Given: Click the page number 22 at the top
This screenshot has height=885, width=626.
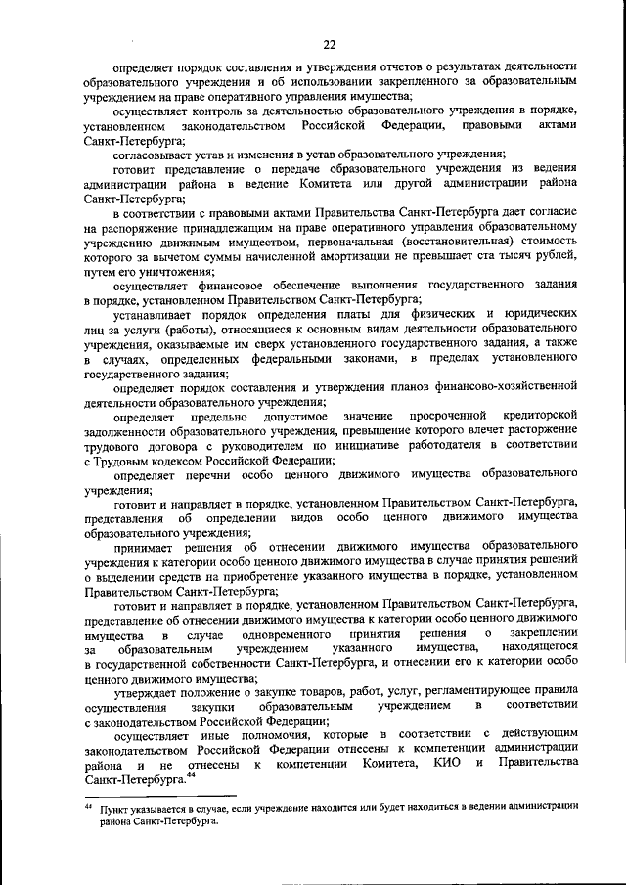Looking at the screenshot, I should click(330, 43).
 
